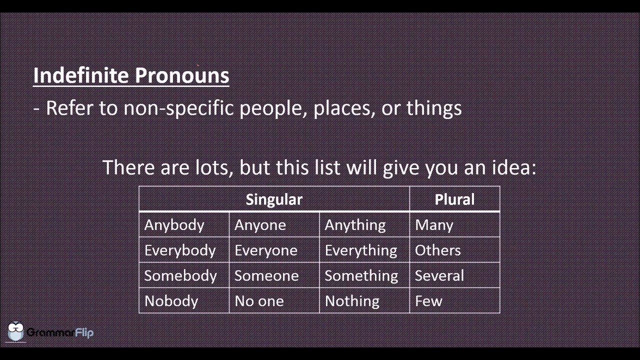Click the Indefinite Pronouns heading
[x=131, y=75]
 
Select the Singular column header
[x=274, y=199]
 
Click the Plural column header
[x=454, y=199]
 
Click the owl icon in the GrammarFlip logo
[x=16, y=331]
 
